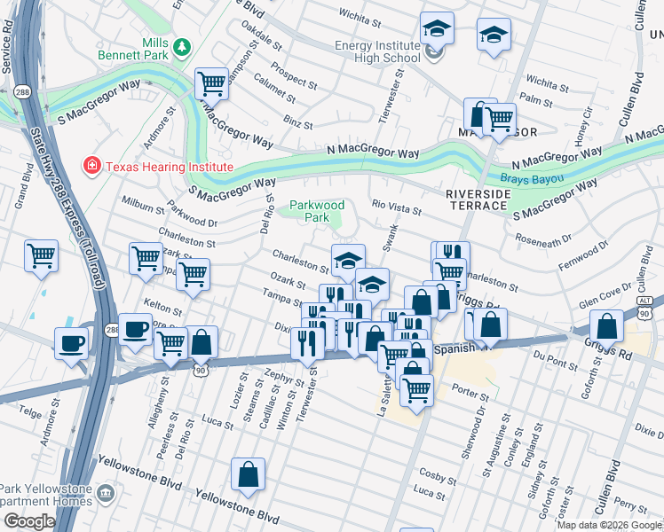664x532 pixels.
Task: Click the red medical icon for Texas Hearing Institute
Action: (91, 166)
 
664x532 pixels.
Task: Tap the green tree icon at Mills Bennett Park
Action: (183, 47)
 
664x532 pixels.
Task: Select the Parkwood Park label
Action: (311, 211)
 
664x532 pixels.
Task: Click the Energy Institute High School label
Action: (376, 51)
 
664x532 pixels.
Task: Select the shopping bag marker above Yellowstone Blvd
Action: (249, 474)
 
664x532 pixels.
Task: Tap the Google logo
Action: (29, 520)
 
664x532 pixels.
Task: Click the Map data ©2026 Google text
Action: (609, 525)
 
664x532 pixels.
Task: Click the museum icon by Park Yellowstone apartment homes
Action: (106, 491)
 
